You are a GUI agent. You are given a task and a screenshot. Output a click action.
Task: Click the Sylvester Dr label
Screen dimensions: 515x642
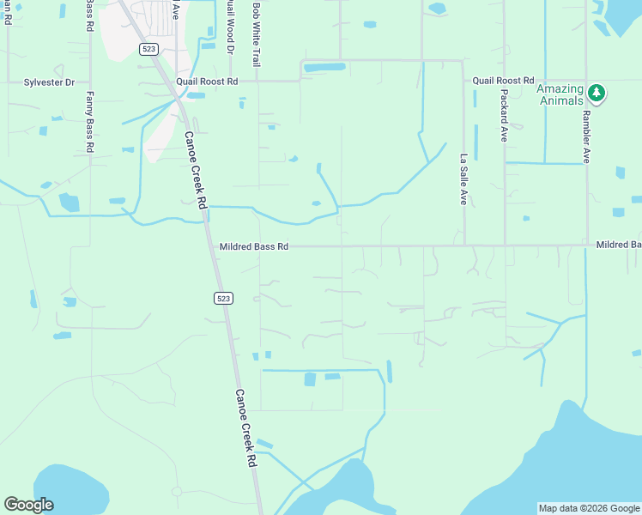pyautogui.click(x=49, y=82)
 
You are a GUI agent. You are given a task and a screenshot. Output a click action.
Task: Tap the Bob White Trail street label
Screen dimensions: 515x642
pyautogui.click(x=256, y=34)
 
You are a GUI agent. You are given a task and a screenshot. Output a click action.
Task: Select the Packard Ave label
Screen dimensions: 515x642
pyautogui.click(x=503, y=112)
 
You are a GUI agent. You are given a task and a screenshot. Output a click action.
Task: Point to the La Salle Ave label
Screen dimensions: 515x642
pyautogui.click(x=463, y=179)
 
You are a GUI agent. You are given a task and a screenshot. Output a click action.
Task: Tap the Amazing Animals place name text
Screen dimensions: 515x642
pyautogui.click(x=560, y=94)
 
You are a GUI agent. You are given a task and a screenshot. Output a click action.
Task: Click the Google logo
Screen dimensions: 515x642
pyautogui.click(x=28, y=505)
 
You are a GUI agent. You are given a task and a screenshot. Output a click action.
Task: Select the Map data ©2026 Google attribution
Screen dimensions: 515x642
pyautogui.click(x=589, y=508)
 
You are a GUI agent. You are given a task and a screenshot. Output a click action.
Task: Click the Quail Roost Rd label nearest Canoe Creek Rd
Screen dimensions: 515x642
pyautogui.click(x=206, y=81)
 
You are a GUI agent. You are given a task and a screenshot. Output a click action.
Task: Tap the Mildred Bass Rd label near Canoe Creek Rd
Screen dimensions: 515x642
pyautogui.click(x=254, y=246)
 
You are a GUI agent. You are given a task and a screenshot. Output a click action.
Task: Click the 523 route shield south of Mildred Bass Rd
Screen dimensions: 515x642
pyautogui.click(x=223, y=298)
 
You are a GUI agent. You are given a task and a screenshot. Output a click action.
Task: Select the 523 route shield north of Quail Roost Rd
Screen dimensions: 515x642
pyautogui.click(x=148, y=49)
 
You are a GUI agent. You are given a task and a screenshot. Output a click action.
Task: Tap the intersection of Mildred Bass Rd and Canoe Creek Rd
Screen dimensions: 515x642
pyautogui.click(x=209, y=246)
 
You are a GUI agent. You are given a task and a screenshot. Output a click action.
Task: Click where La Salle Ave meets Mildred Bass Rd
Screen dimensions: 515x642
pyautogui.click(x=464, y=245)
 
